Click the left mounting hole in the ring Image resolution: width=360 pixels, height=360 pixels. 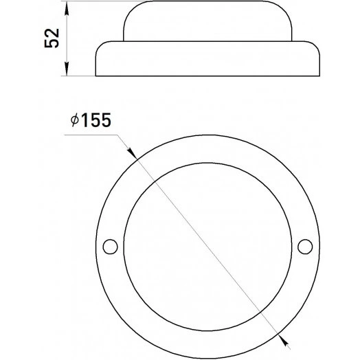click(x=109, y=245)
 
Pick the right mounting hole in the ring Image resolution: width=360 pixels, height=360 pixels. click(x=306, y=245)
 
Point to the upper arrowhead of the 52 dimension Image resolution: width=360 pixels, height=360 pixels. click(x=66, y=8)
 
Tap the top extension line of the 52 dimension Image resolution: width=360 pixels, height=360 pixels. click(x=96, y=2)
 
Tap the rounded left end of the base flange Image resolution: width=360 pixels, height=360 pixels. click(x=98, y=58)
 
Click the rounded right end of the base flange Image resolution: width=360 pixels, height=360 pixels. click(x=318, y=58)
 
